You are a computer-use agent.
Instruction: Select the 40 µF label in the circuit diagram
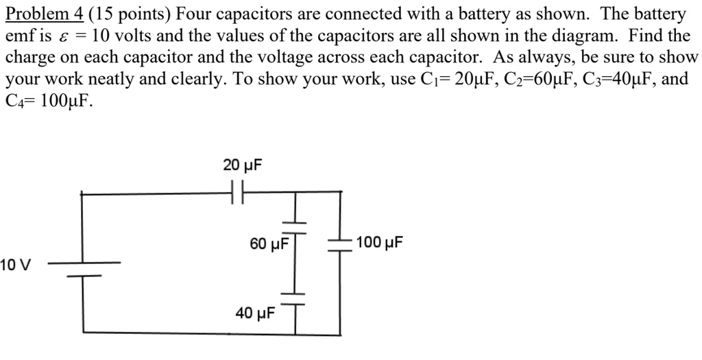point(255,313)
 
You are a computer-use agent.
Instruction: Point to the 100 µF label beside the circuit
point(380,243)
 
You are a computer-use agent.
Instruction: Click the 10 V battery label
point(16,265)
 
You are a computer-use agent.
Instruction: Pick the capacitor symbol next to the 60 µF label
point(295,224)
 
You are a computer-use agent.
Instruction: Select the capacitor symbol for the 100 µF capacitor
point(339,243)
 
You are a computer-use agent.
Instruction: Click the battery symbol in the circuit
point(84,269)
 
